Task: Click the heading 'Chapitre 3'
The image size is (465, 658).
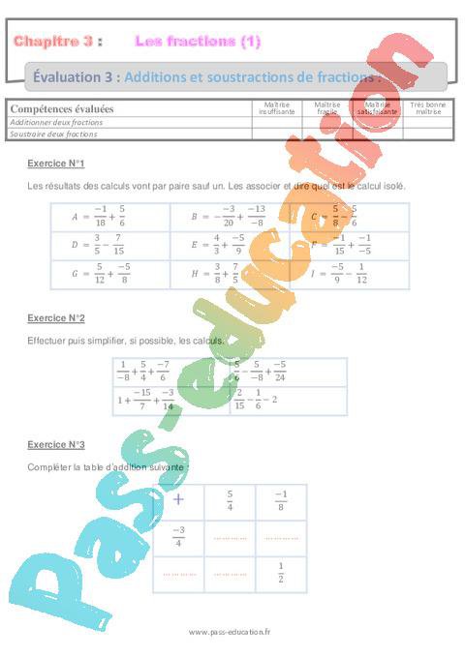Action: [x=54, y=41]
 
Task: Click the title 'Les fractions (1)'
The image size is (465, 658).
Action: [x=198, y=41]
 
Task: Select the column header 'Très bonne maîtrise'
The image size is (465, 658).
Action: [x=427, y=107]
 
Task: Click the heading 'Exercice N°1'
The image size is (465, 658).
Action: [x=56, y=163]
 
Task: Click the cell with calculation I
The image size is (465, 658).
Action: [x=349, y=274]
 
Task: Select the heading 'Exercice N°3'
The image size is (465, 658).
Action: [x=56, y=444]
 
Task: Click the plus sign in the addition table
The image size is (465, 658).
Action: [x=178, y=499]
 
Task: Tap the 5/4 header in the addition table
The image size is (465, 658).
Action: [x=230, y=499]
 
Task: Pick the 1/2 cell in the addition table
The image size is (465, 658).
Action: [x=281, y=573]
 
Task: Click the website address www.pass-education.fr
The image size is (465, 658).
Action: [x=232, y=632]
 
